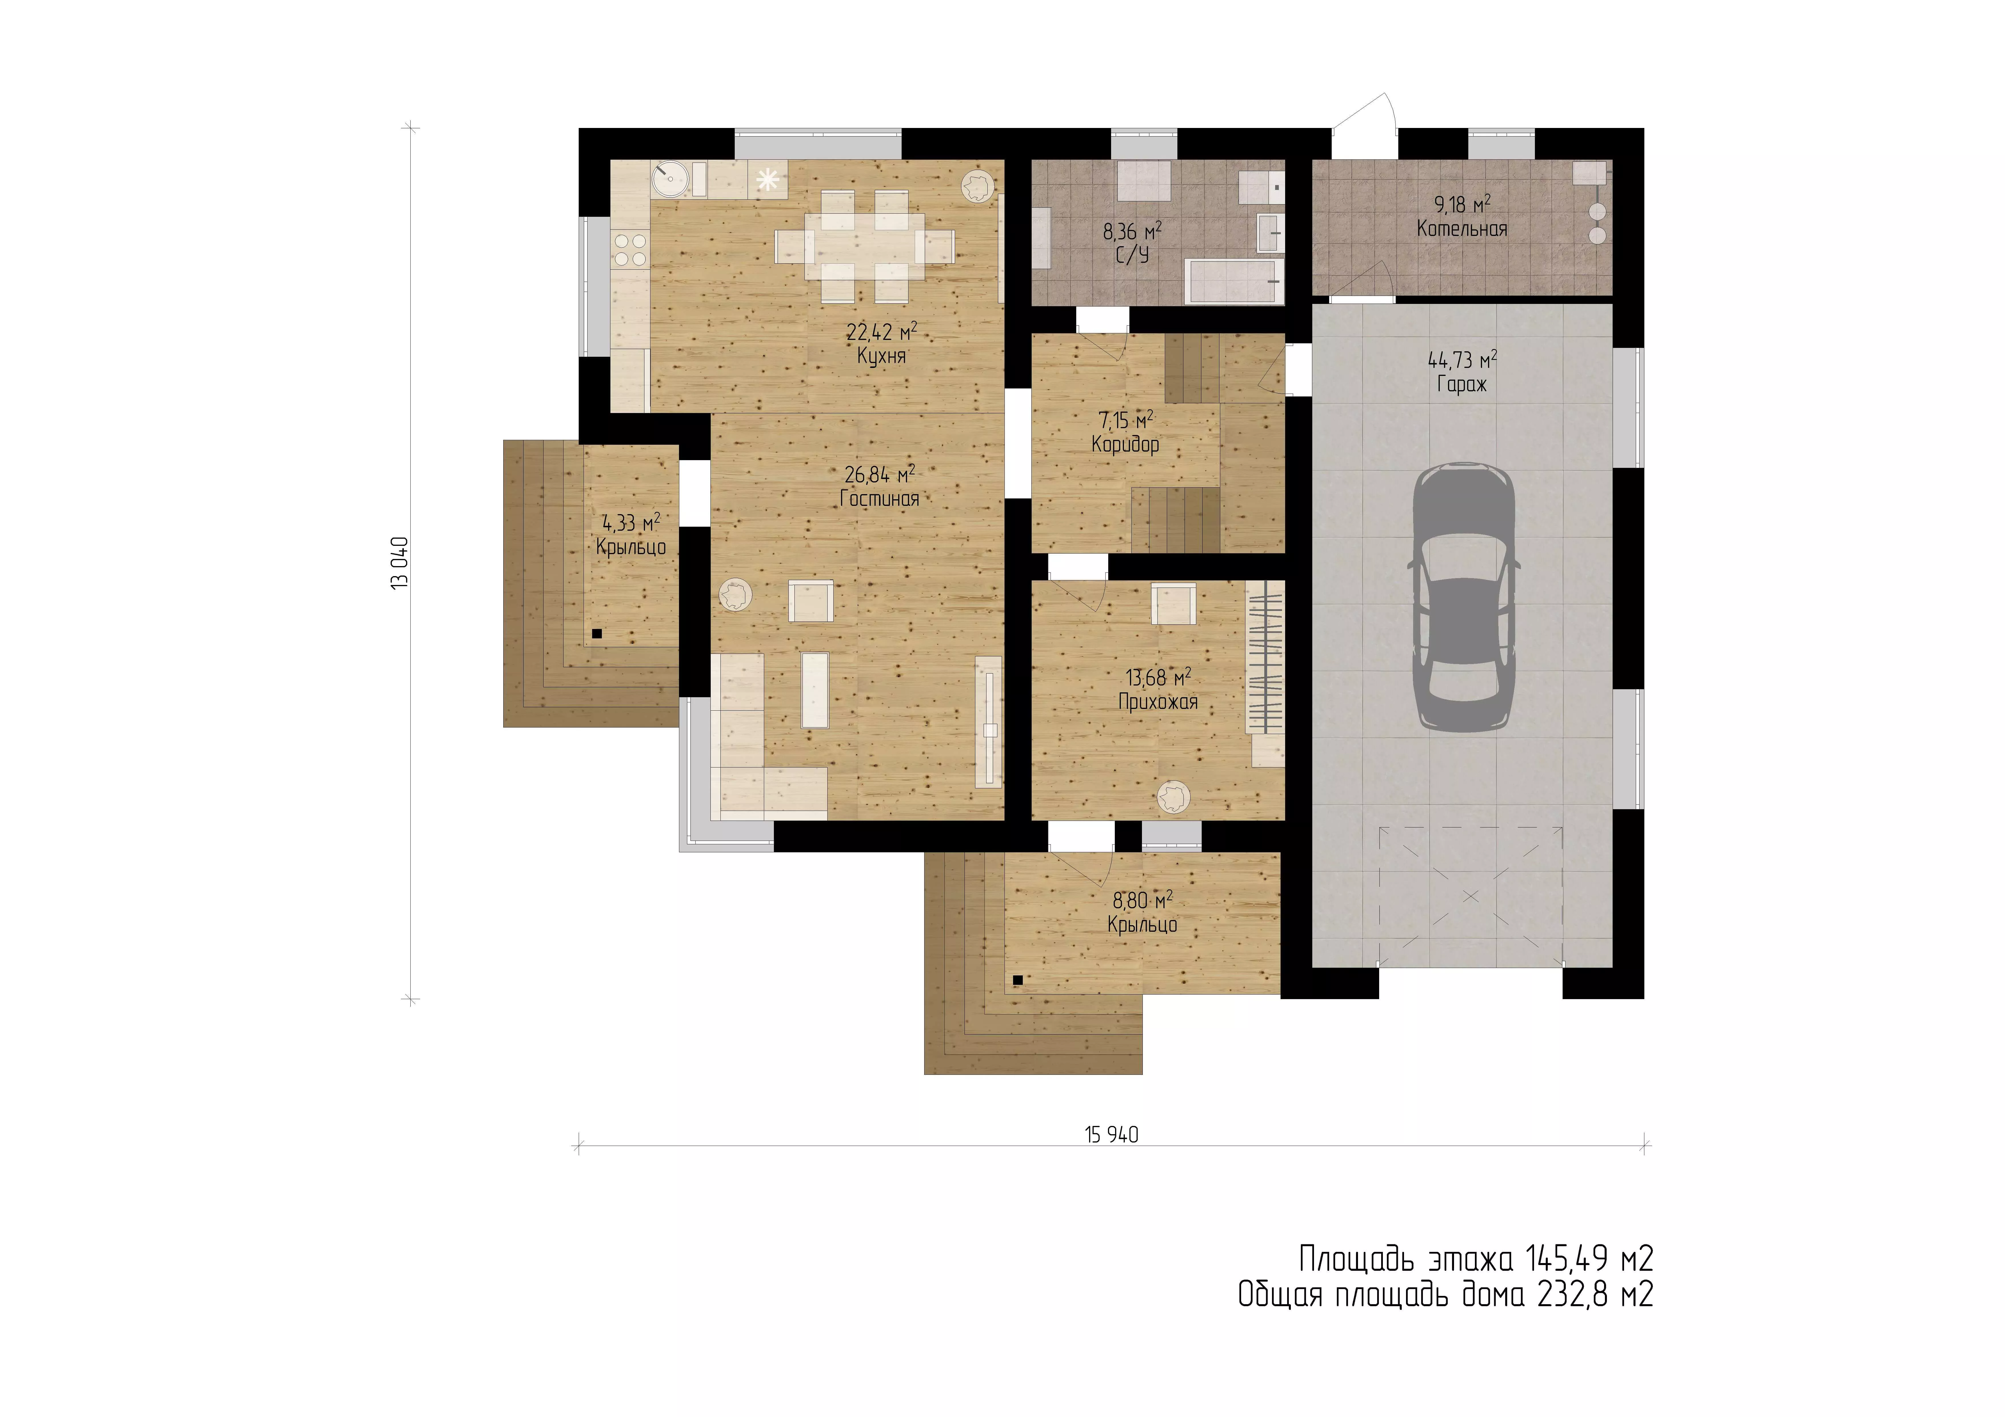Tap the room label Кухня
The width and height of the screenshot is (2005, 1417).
(x=881, y=356)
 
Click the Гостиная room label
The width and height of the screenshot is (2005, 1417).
(x=879, y=498)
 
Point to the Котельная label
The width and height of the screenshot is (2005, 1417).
(x=1462, y=229)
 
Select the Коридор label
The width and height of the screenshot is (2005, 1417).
(x=1126, y=444)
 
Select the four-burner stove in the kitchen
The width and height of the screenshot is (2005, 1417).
(x=630, y=250)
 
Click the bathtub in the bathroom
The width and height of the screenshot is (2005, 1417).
(x=1235, y=281)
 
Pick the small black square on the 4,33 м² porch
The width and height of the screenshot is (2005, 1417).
(x=597, y=634)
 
